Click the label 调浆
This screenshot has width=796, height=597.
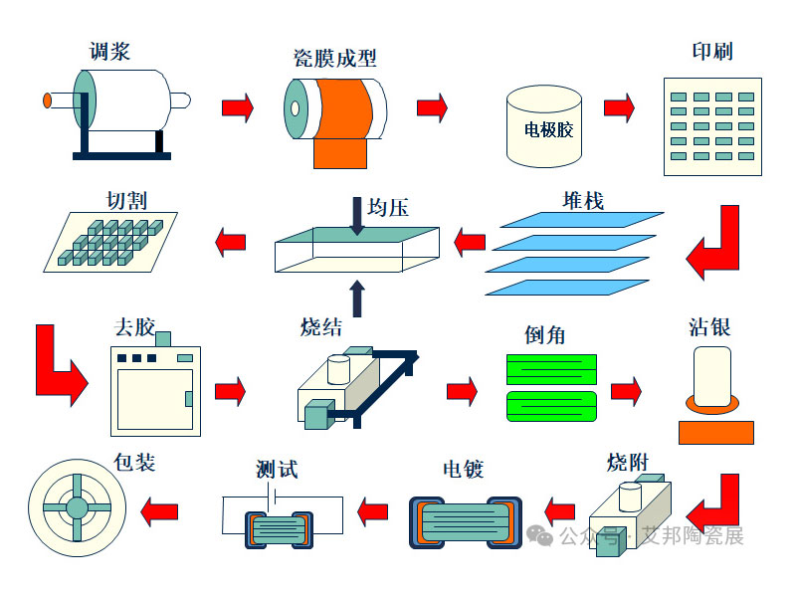[109, 51]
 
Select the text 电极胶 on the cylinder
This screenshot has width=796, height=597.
[548, 129]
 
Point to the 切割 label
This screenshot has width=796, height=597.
[126, 200]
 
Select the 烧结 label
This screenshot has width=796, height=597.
[321, 326]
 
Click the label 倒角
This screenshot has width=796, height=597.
[544, 334]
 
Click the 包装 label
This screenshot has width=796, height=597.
[135, 463]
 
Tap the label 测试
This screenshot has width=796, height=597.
[277, 469]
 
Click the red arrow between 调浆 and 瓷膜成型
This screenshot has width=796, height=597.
[237, 106]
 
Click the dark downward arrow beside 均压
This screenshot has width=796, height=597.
[357, 216]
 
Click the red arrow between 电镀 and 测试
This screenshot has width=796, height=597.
[373, 511]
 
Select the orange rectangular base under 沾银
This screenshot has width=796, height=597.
[715, 432]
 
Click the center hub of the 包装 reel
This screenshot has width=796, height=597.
[77, 508]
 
